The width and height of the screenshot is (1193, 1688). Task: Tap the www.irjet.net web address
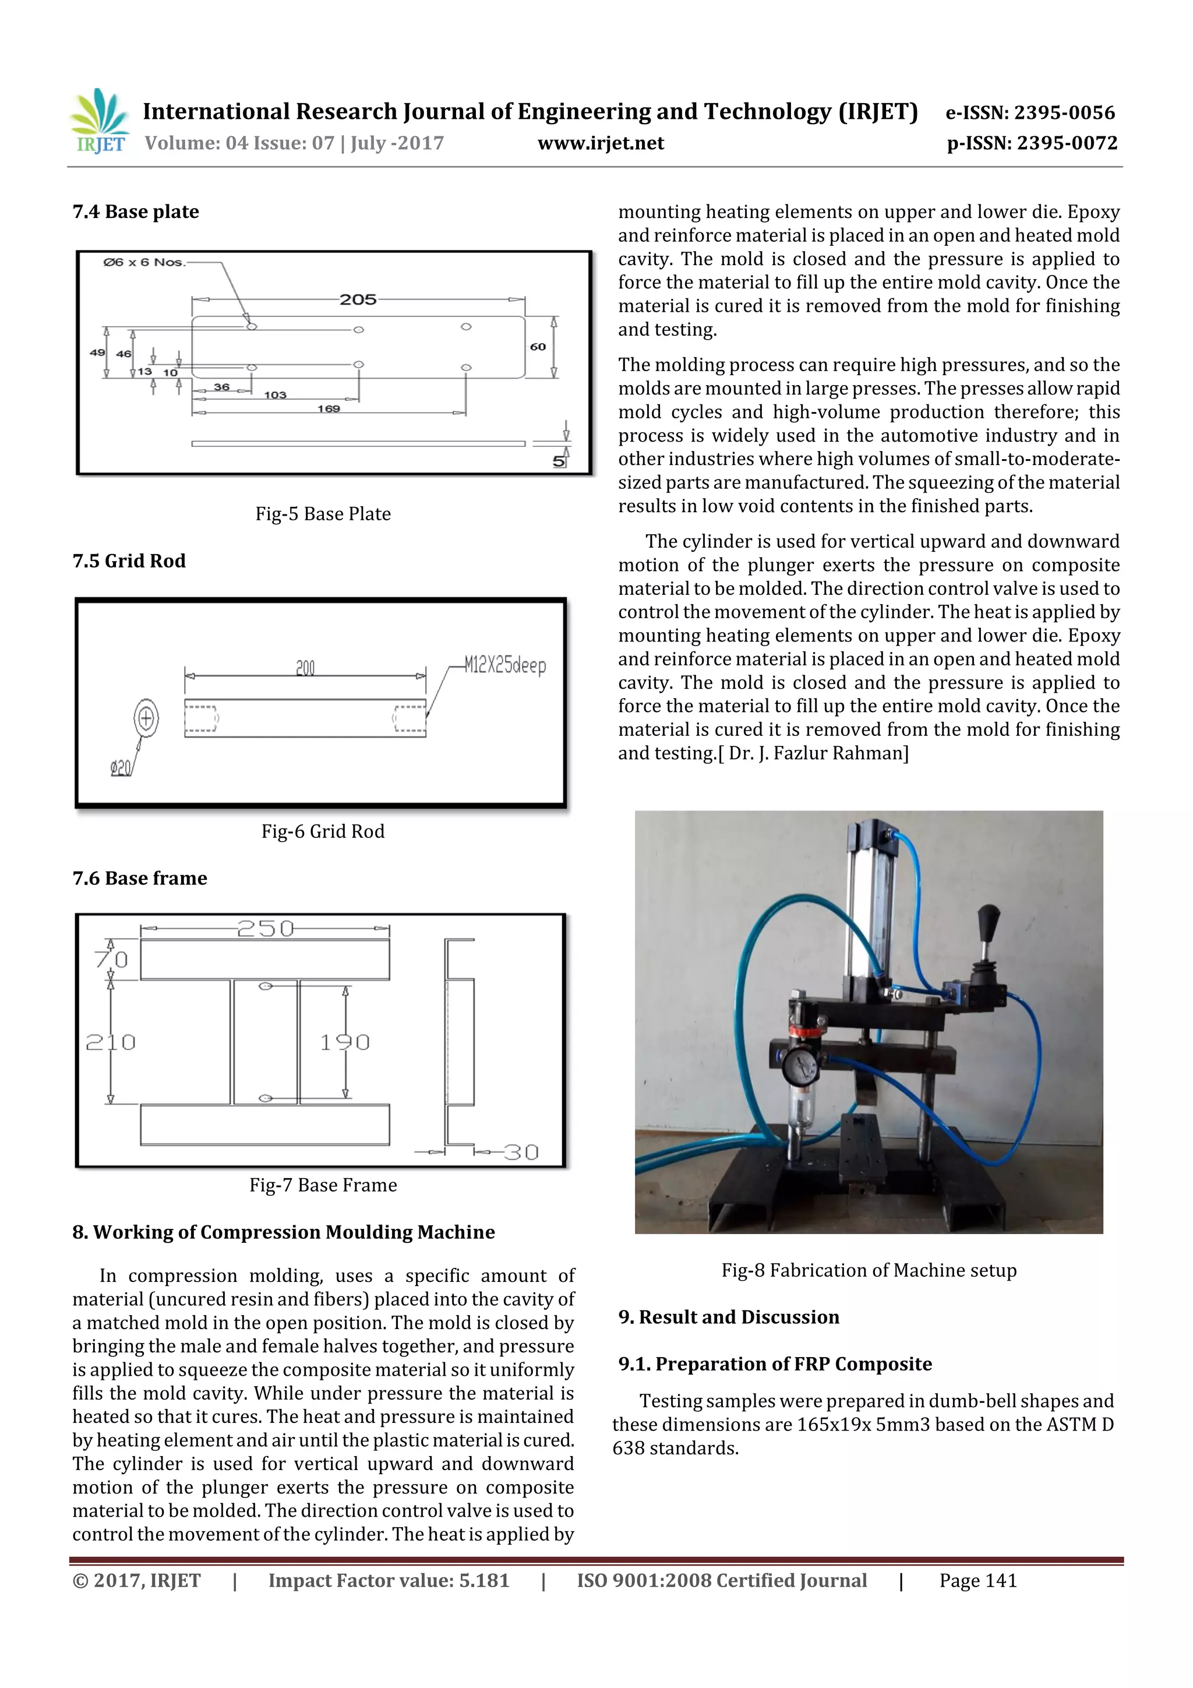[601, 143]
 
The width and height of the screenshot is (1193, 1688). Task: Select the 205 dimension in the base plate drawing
[358, 299]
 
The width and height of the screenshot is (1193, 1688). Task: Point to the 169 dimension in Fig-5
[329, 409]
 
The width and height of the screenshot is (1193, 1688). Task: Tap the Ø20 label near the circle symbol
[121, 769]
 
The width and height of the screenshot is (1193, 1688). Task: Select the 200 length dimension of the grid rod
[305, 668]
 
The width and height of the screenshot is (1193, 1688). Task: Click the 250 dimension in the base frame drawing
[266, 929]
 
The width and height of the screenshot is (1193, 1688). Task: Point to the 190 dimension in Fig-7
[345, 1042]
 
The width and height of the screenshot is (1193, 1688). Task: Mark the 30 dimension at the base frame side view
[522, 1152]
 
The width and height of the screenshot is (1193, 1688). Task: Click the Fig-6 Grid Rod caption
[323, 831]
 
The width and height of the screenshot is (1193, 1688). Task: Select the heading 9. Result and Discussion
[729, 1317]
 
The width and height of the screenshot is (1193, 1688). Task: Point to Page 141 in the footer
[977, 1581]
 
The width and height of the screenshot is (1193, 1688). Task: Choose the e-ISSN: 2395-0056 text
[1030, 112]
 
